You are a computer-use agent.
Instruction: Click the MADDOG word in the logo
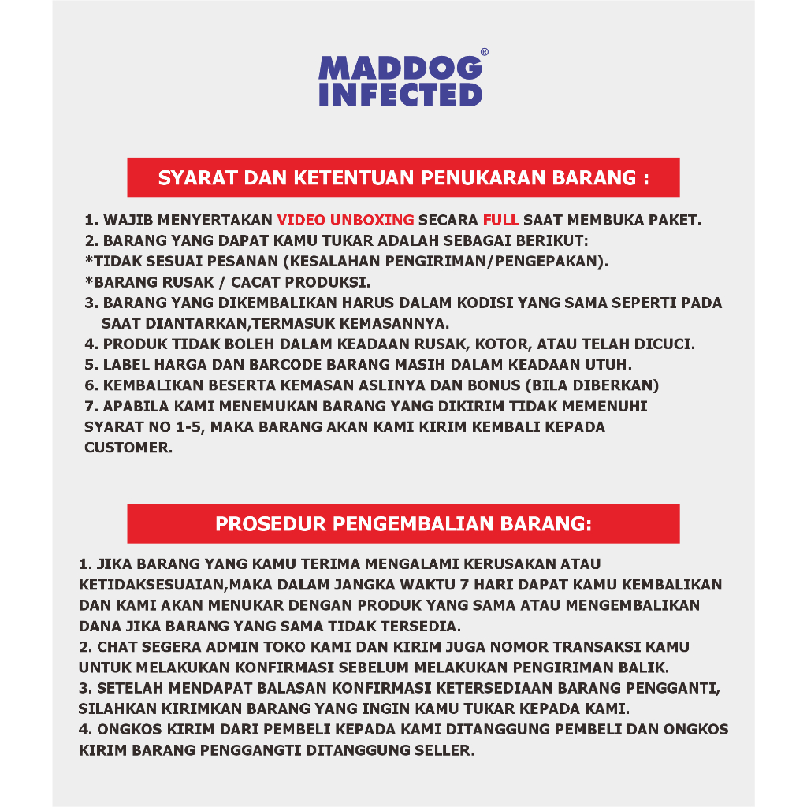400,68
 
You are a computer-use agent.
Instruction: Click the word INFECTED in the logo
400,94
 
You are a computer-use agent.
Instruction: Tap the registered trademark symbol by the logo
484,52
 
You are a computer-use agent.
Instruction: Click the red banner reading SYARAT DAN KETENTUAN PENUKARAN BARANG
403,177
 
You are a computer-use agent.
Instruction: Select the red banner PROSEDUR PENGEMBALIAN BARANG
403,523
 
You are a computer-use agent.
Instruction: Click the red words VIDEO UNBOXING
345,220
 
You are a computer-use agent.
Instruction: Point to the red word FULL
500,220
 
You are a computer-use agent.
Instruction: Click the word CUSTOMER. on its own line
127,447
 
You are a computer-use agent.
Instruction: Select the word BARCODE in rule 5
272,365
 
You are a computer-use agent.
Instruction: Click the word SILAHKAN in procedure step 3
116,708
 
